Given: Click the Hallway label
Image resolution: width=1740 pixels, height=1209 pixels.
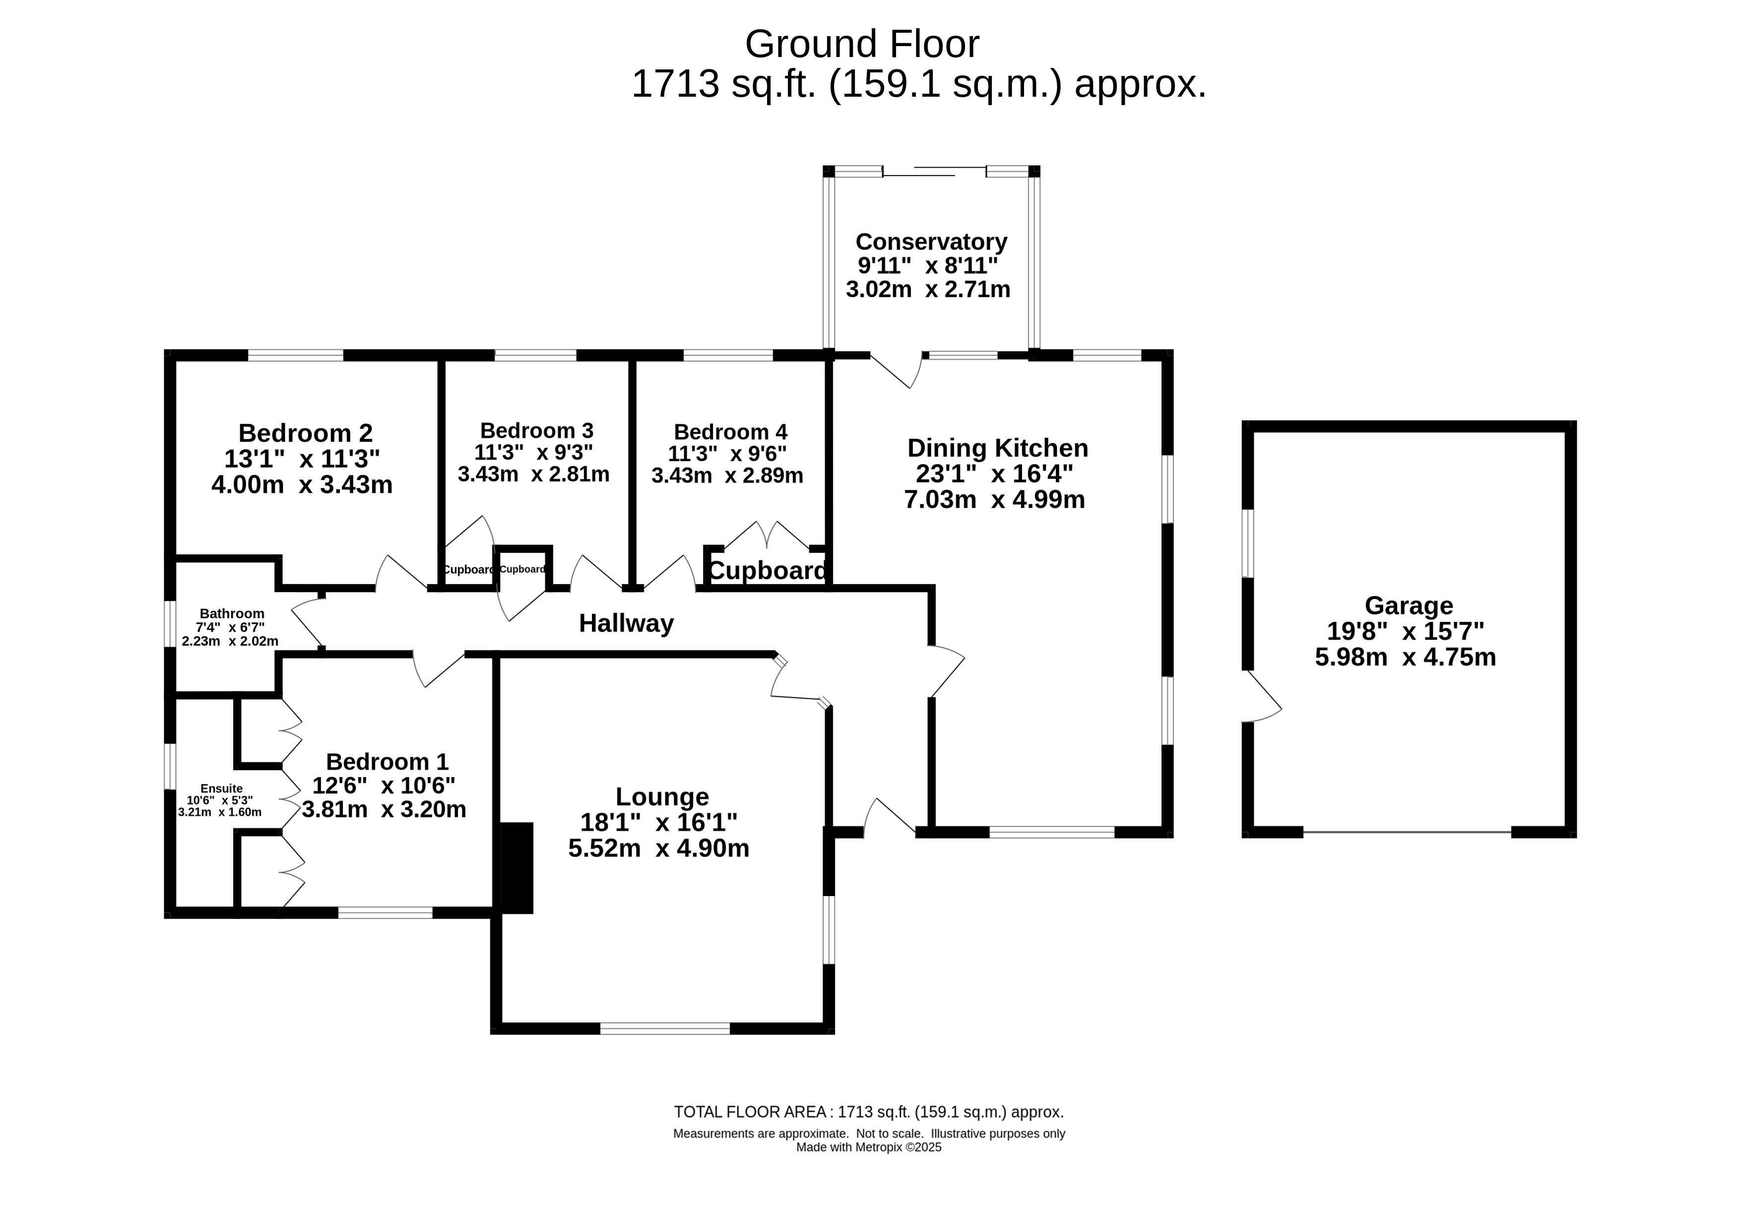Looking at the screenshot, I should click(x=626, y=623).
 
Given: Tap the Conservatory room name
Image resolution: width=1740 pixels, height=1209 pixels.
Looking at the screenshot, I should click(x=931, y=242).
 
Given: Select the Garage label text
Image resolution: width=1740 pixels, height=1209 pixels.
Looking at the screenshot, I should click(x=1408, y=605).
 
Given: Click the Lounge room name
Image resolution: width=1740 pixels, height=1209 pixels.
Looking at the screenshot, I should click(x=661, y=797).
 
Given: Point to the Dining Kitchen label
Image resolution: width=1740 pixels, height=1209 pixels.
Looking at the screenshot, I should click(x=997, y=448).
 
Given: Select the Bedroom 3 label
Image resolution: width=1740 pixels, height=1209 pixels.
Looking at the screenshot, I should click(x=536, y=430).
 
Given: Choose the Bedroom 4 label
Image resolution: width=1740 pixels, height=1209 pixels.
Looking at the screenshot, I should click(x=730, y=432).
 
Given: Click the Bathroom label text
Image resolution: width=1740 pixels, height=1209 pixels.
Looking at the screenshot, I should click(x=232, y=613).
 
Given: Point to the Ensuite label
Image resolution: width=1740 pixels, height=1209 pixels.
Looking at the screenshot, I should click(x=221, y=788).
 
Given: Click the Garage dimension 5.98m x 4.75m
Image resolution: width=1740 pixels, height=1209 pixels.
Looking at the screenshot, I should click(x=1405, y=657).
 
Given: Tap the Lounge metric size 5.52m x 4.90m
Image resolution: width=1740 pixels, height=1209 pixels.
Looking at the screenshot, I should click(x=658, y=847).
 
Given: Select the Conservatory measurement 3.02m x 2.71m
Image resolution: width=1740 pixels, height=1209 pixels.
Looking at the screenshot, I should click(x=928, y=290).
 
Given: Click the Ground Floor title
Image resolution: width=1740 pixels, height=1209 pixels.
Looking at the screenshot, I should click(x=862, y=44).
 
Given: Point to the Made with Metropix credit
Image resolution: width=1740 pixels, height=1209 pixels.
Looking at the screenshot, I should click(x=868, y=1147).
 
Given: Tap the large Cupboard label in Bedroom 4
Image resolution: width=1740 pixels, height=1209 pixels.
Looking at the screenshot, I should click(x=767, y=570).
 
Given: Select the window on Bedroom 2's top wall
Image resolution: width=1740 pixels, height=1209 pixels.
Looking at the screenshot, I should click(x=296, y=355).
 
